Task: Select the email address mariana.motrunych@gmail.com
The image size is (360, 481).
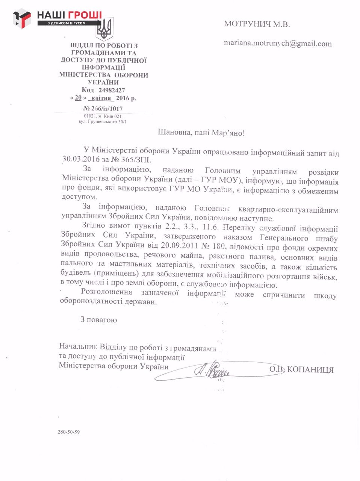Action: click(278, 43)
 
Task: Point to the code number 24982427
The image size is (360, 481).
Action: click(112, 90)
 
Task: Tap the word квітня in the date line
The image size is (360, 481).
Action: click(101, 98)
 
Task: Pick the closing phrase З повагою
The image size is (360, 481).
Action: click(98, 320)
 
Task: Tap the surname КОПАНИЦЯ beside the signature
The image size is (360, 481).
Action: click(310, 370)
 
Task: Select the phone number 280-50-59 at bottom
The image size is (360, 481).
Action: click(68, 432)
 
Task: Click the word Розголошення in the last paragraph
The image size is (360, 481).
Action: click(106, 292)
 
